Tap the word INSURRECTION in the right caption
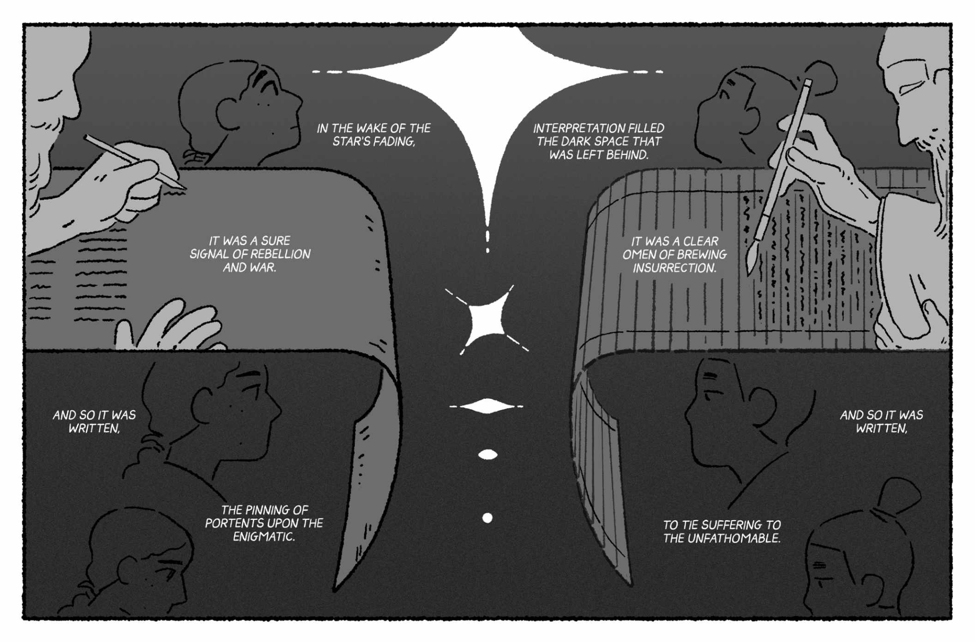pos(674,268)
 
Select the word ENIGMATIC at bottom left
pos(263,537)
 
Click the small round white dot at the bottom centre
pos(487,518)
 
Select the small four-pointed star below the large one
pos(486,320)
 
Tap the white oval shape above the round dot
pos(488,455)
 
